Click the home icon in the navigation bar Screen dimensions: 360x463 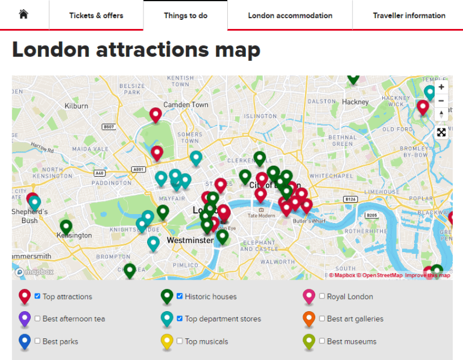24,15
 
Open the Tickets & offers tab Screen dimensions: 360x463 96,15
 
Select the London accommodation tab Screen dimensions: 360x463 290,15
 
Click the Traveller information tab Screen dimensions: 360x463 409,15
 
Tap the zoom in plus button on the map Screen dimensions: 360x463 441,87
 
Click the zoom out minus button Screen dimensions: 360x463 441,101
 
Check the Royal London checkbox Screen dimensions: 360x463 322,296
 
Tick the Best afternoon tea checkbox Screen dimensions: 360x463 38,318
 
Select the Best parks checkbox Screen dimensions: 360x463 38,341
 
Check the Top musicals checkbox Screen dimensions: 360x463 180,341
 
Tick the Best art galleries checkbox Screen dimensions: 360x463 322,318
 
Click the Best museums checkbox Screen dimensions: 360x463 322,341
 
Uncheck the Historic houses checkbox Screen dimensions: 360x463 180,296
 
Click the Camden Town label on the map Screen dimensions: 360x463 186,105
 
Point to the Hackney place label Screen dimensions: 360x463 355,102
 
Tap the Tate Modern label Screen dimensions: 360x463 261,215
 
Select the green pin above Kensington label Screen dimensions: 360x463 66,227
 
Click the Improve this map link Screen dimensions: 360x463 427,276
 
